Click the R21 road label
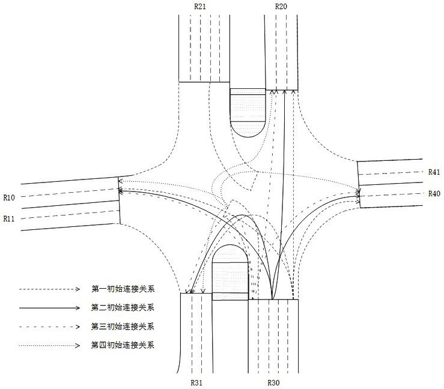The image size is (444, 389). pos(201,6)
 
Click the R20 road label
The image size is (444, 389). pos(281,6)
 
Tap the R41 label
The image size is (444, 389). pos(434,172)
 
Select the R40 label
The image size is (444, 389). pos(434,193)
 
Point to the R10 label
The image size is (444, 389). pos(9,197)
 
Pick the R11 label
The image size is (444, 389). pos(9,219)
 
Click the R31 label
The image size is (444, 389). pos(197,382)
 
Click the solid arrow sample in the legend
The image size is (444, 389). pos(49,307)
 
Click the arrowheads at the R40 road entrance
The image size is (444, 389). pos(359,193)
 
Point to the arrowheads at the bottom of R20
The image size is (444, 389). pos(282,92)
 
